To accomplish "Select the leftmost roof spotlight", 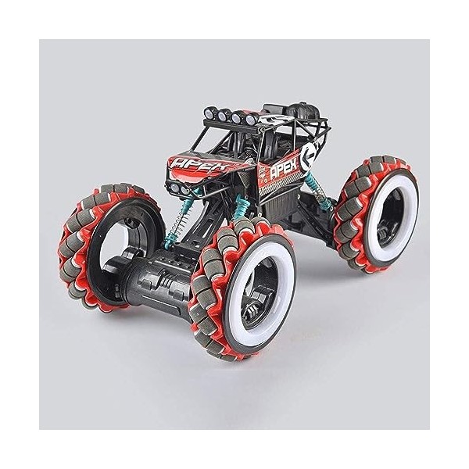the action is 209,113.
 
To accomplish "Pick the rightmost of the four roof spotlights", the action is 251,119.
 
